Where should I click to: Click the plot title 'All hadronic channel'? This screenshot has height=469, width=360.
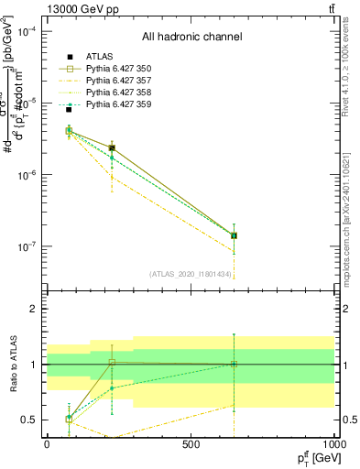191,38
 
